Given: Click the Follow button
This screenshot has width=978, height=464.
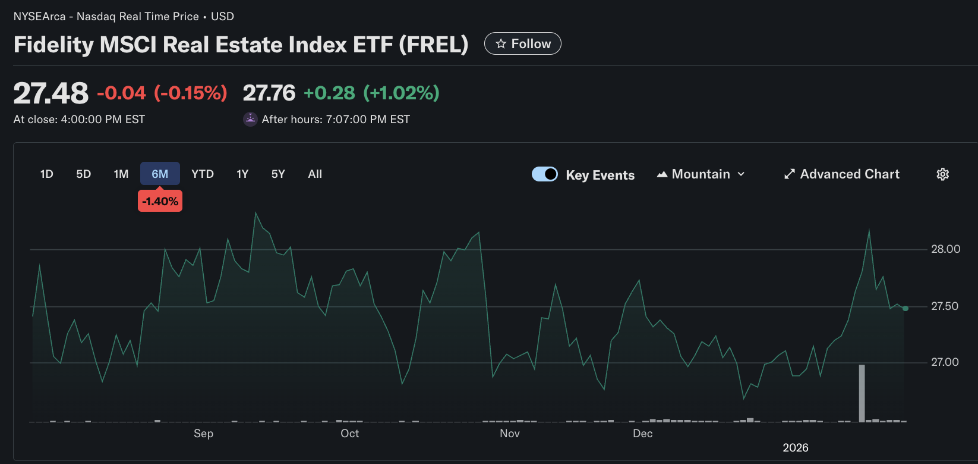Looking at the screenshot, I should pos(522,43).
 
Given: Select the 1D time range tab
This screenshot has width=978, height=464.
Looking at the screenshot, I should pos(47,174).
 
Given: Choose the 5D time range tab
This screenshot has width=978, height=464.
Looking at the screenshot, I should pos(83,174).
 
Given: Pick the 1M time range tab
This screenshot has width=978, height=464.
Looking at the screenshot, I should pos(121,174).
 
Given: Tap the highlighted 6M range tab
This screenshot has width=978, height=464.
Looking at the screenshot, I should pos(160,174).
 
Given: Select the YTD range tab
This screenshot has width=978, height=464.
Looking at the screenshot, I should pos(203,174).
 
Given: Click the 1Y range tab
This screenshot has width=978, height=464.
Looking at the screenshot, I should pos(242,174).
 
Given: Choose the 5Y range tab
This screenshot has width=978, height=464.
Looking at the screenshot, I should pos(278,174).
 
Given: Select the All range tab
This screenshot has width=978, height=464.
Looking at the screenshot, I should pos(315,174).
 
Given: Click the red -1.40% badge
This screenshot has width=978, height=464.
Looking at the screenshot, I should pos(160,201).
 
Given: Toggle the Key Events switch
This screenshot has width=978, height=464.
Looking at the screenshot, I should pos(544,174).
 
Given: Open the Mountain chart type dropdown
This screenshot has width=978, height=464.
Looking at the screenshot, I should pos(701,174).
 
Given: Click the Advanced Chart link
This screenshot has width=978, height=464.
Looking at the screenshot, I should pos(842,174).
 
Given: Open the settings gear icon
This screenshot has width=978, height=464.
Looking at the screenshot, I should pos(943,174).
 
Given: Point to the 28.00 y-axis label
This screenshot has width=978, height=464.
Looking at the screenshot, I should pos(945,249).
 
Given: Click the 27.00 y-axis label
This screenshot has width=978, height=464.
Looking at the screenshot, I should pos(945,362).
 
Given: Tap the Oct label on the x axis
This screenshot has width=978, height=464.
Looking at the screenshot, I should pos(349,433).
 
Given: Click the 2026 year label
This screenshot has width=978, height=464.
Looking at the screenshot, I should pos(796,447).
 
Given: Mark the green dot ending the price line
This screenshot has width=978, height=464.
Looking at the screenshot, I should pos(906,308).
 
